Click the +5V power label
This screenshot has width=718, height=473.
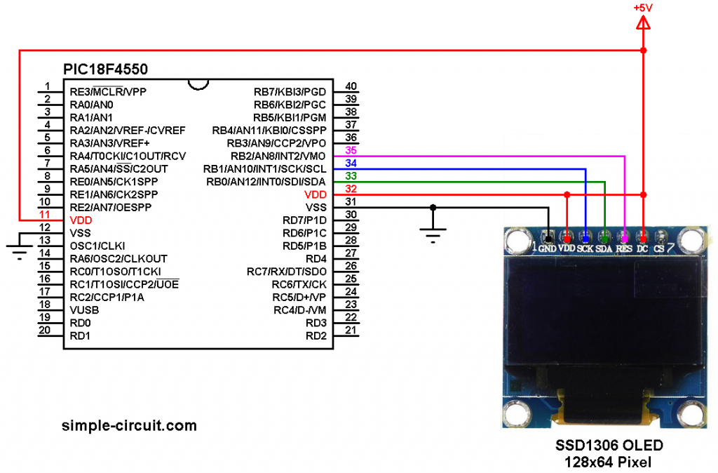(643, 8)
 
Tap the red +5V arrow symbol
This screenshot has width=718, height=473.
(643, 22)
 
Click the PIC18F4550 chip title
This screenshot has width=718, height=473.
(105, 69)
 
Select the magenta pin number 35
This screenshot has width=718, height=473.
(351, 150)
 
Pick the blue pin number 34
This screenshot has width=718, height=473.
(351, 164)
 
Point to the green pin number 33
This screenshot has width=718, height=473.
(351, 176)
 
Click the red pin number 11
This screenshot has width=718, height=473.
(44, 215)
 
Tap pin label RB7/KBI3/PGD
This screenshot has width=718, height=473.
(290, 92)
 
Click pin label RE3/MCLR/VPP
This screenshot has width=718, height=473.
(108, 92)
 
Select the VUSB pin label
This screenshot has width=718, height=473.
(84, 310)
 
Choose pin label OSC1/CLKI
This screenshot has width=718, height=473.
(97, 246)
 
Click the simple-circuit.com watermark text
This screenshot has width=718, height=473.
(129, 425)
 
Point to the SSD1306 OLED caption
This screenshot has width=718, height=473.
(609, 445)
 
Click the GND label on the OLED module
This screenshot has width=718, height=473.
(547, 248)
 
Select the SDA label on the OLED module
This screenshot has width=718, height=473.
(604, 248)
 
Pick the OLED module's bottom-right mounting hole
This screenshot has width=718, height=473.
(690, 414)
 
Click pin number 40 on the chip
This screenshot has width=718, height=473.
(351, 86)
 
